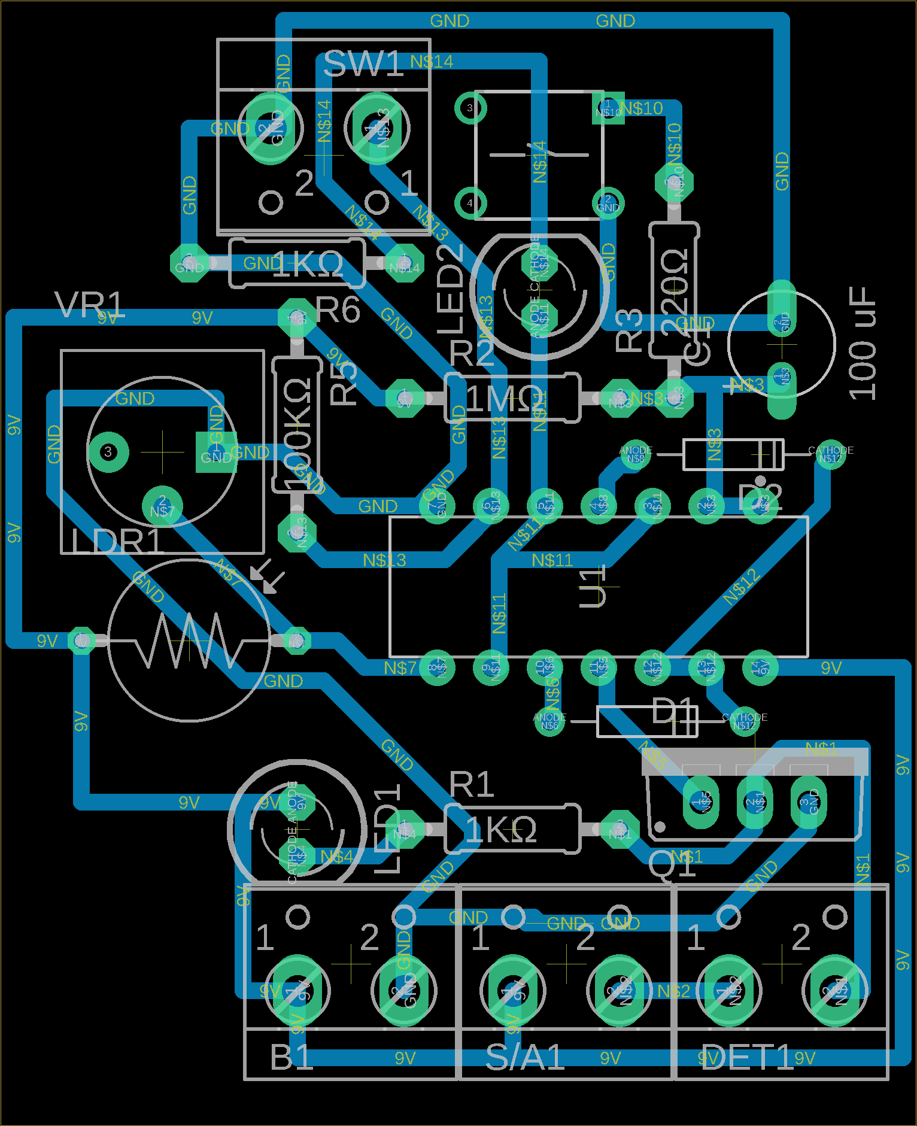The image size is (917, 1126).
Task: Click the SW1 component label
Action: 363,64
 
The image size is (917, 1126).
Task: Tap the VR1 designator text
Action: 89,305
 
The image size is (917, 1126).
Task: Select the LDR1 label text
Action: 117,542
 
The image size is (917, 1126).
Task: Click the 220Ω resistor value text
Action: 675,290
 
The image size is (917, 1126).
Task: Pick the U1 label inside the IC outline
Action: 592,587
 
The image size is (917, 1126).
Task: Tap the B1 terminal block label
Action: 292,1057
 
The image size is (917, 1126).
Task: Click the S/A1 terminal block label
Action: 525,1057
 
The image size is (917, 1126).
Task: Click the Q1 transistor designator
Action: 672,864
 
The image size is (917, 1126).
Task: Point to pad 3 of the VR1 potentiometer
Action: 108,452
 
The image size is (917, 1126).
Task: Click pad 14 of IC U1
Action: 760,667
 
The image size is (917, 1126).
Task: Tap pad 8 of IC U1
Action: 437,667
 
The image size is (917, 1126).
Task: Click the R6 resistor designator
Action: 338,310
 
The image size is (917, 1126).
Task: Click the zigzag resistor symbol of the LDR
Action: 189,641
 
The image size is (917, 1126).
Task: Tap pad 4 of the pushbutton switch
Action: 470,203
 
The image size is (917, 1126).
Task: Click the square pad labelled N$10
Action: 608,108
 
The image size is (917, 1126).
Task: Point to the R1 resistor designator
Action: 472,785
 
